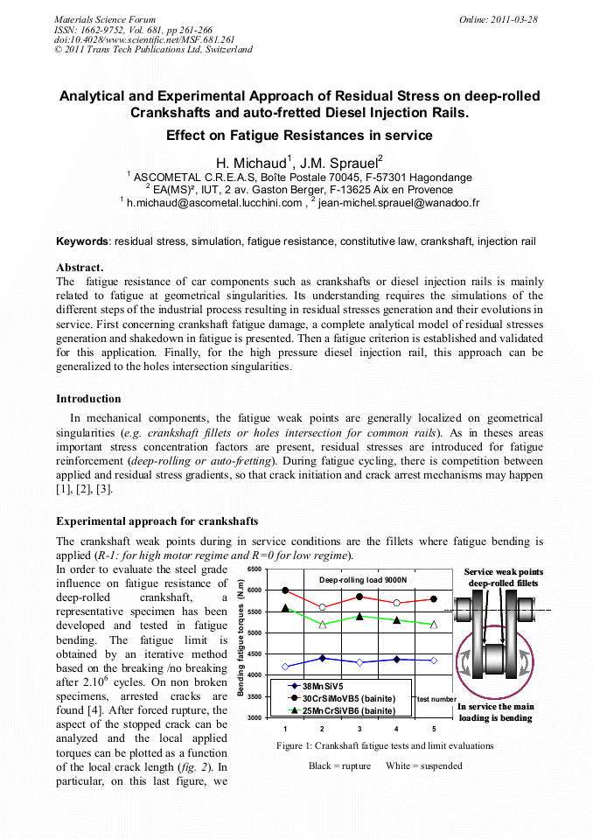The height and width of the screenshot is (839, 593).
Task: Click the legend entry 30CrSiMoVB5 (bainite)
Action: click(349, 698)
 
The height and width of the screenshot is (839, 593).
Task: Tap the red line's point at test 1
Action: click(286, 591)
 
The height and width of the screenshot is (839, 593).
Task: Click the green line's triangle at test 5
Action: click(435, 624)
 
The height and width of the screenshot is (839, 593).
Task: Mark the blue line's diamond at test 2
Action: click(323, 658)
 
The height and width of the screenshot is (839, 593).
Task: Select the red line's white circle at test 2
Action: click(323, 607)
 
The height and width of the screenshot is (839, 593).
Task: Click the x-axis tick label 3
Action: click(359, 729)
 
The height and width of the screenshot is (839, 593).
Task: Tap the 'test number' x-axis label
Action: click(436, 699)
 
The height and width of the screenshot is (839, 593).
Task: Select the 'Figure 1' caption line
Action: click(385, 746)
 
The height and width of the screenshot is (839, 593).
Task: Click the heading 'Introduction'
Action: click(88, 399)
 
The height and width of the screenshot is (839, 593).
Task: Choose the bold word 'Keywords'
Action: click(82, 241)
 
